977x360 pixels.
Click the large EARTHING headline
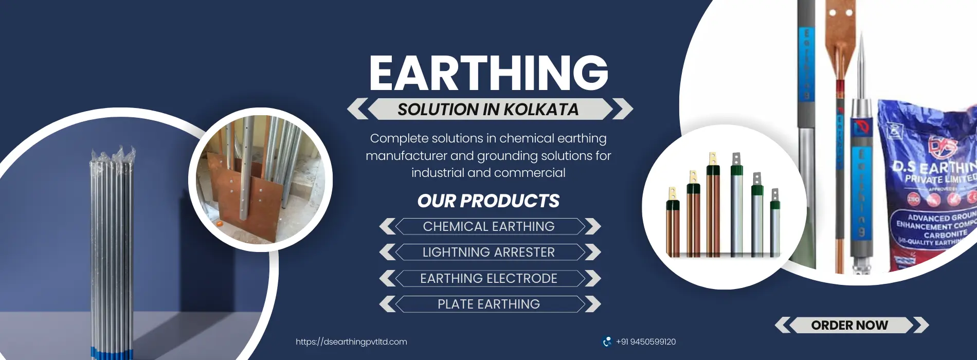tap(488, 73)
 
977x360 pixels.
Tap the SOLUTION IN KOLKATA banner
tap(488, 109)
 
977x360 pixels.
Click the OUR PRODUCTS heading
tap(488, 201)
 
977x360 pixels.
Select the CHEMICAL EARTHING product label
tap(488, 226)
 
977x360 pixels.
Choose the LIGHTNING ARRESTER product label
tap(488, 252)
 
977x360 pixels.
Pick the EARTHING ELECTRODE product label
tap(488, 278)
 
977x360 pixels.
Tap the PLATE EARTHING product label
tap(488, 304)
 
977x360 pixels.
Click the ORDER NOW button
tap(849, 325)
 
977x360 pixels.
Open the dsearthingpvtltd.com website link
tap(351, 341)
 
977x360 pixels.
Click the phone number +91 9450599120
tap(646, 341)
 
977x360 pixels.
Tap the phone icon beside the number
tap(607, 341)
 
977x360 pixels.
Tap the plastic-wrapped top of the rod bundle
tap(113, 157)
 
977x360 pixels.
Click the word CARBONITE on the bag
tap(945, 234)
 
